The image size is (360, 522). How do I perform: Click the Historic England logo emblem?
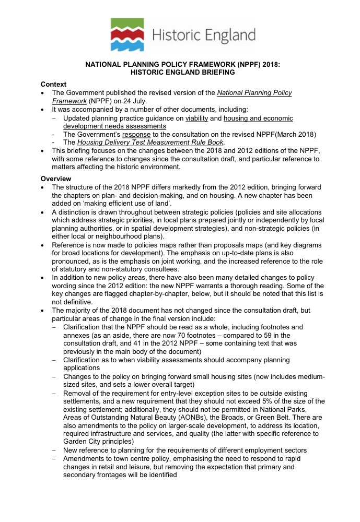click(127, 34)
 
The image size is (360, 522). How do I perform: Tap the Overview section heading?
click(56, 179)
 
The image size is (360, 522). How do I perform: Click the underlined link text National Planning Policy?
click(254, 93)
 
